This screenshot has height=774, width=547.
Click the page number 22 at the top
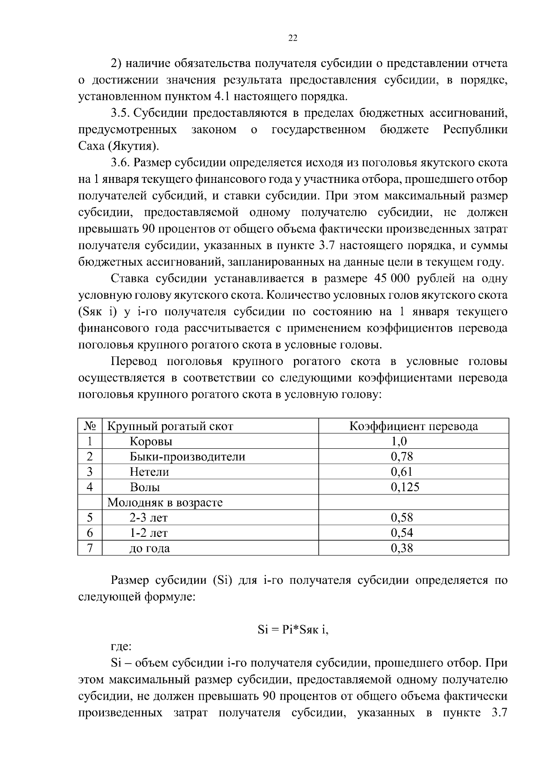(x=293, y=38)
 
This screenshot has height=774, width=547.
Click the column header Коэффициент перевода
(x=413, y=426)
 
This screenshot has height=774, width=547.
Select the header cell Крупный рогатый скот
(x=170, y=426)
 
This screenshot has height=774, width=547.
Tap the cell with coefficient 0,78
(x=402, y=457)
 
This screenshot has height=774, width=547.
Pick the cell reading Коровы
(x=151, y=442)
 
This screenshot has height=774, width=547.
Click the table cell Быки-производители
(x=187, y=457)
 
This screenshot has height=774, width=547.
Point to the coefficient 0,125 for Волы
(x=405, y=487)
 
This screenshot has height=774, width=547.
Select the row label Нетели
(x=149, y=472)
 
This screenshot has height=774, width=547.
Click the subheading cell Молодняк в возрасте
(x=165, y=503)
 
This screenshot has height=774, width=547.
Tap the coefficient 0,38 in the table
(x=402, y=548)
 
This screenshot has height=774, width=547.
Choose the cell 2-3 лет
(x=149, y=518)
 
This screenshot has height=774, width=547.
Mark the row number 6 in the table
(x=90, y=533)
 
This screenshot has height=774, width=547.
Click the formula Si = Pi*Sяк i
(x=293, y=630)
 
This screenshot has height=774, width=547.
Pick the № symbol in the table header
(x=90, y=426)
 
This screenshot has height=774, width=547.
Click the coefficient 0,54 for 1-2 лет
(x=402, y=533)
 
